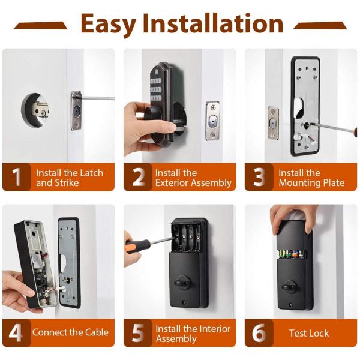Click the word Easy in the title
(x=108, y=24)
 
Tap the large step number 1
(x=16, y=177)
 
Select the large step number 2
(x=139, y=177)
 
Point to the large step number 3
(x=259, y=177)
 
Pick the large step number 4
(x=16, y=333)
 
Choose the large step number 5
(x=138, y=333)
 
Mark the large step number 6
(x=259, y=333)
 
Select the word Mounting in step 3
(x=298, y=183)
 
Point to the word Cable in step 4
(x=97, y=332)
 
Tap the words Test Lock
(x=309, y=333)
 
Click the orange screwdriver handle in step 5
(x=136, y=246)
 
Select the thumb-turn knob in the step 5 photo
(x=182, y=283)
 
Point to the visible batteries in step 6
(x=292, y=254)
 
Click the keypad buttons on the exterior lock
(x=156, y=90)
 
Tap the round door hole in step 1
(x=35, y=110)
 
